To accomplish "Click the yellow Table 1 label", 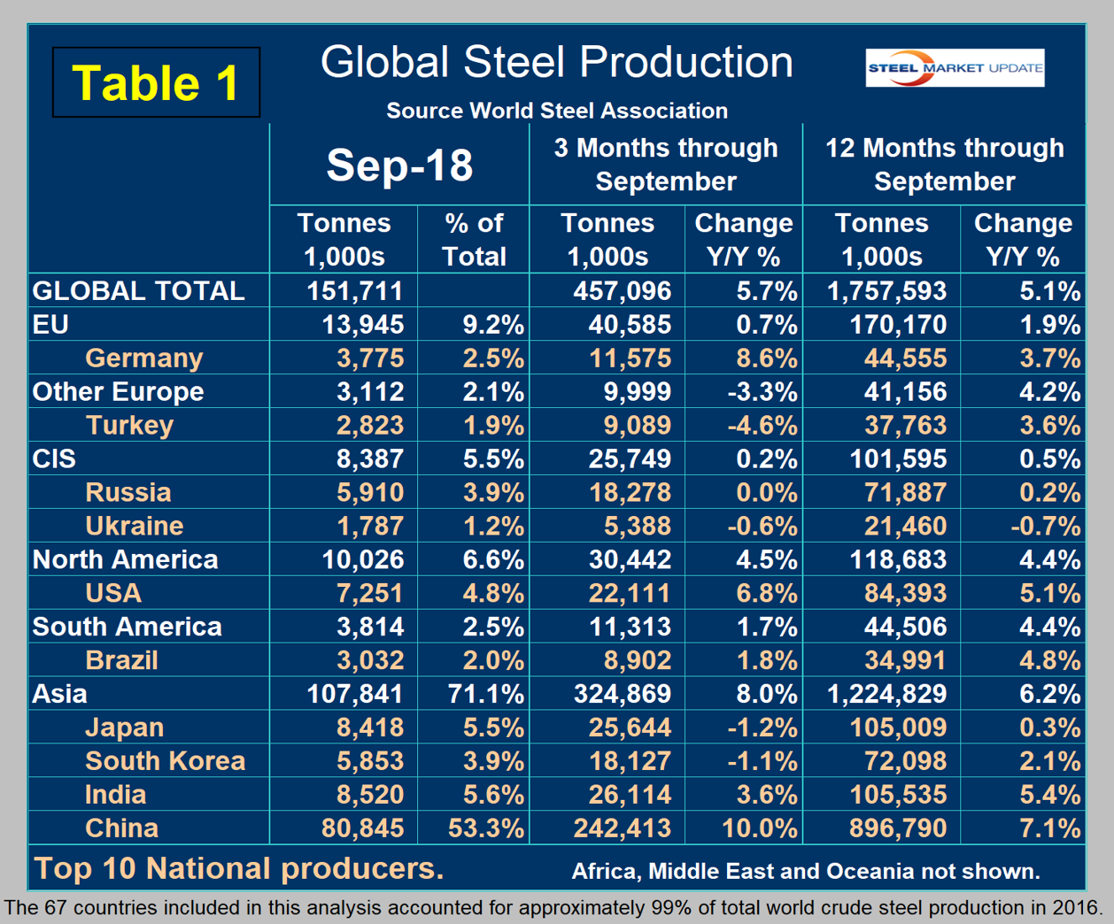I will point(156,82).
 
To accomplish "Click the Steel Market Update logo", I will point(955,68).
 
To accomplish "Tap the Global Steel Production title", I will point(556,63).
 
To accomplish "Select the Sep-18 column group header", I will point(399,165).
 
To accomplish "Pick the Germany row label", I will point(144,358).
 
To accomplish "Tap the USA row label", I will point(113,593).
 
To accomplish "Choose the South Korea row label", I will point(165,761).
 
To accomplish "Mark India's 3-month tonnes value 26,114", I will point(630,795).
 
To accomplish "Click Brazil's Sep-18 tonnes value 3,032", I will point(370,660).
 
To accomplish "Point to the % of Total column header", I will point(474,240).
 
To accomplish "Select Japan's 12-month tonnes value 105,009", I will point(898,728).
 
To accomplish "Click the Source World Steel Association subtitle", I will point(557,111).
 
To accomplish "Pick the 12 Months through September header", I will point(944,165).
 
